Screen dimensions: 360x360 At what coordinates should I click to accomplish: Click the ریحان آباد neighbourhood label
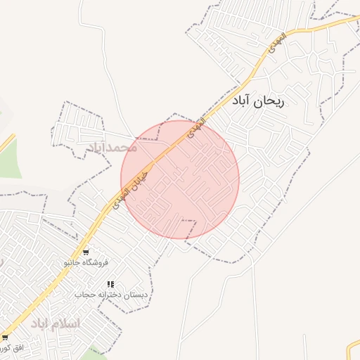tap(259, 101)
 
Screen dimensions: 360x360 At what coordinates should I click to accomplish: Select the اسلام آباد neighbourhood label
tap(56, 323)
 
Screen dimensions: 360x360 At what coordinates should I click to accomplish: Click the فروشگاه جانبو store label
tap(86, 262)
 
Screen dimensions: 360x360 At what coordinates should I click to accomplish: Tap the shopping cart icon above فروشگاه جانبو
tap(86, 252)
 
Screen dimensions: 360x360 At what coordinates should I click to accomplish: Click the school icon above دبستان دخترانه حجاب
tap(110, 284)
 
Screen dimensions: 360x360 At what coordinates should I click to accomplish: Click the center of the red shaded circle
tap(180, 180)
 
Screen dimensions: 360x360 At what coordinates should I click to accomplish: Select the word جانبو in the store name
tap(75, 262)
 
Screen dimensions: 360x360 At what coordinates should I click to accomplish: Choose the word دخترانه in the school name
tap(111, 295)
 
